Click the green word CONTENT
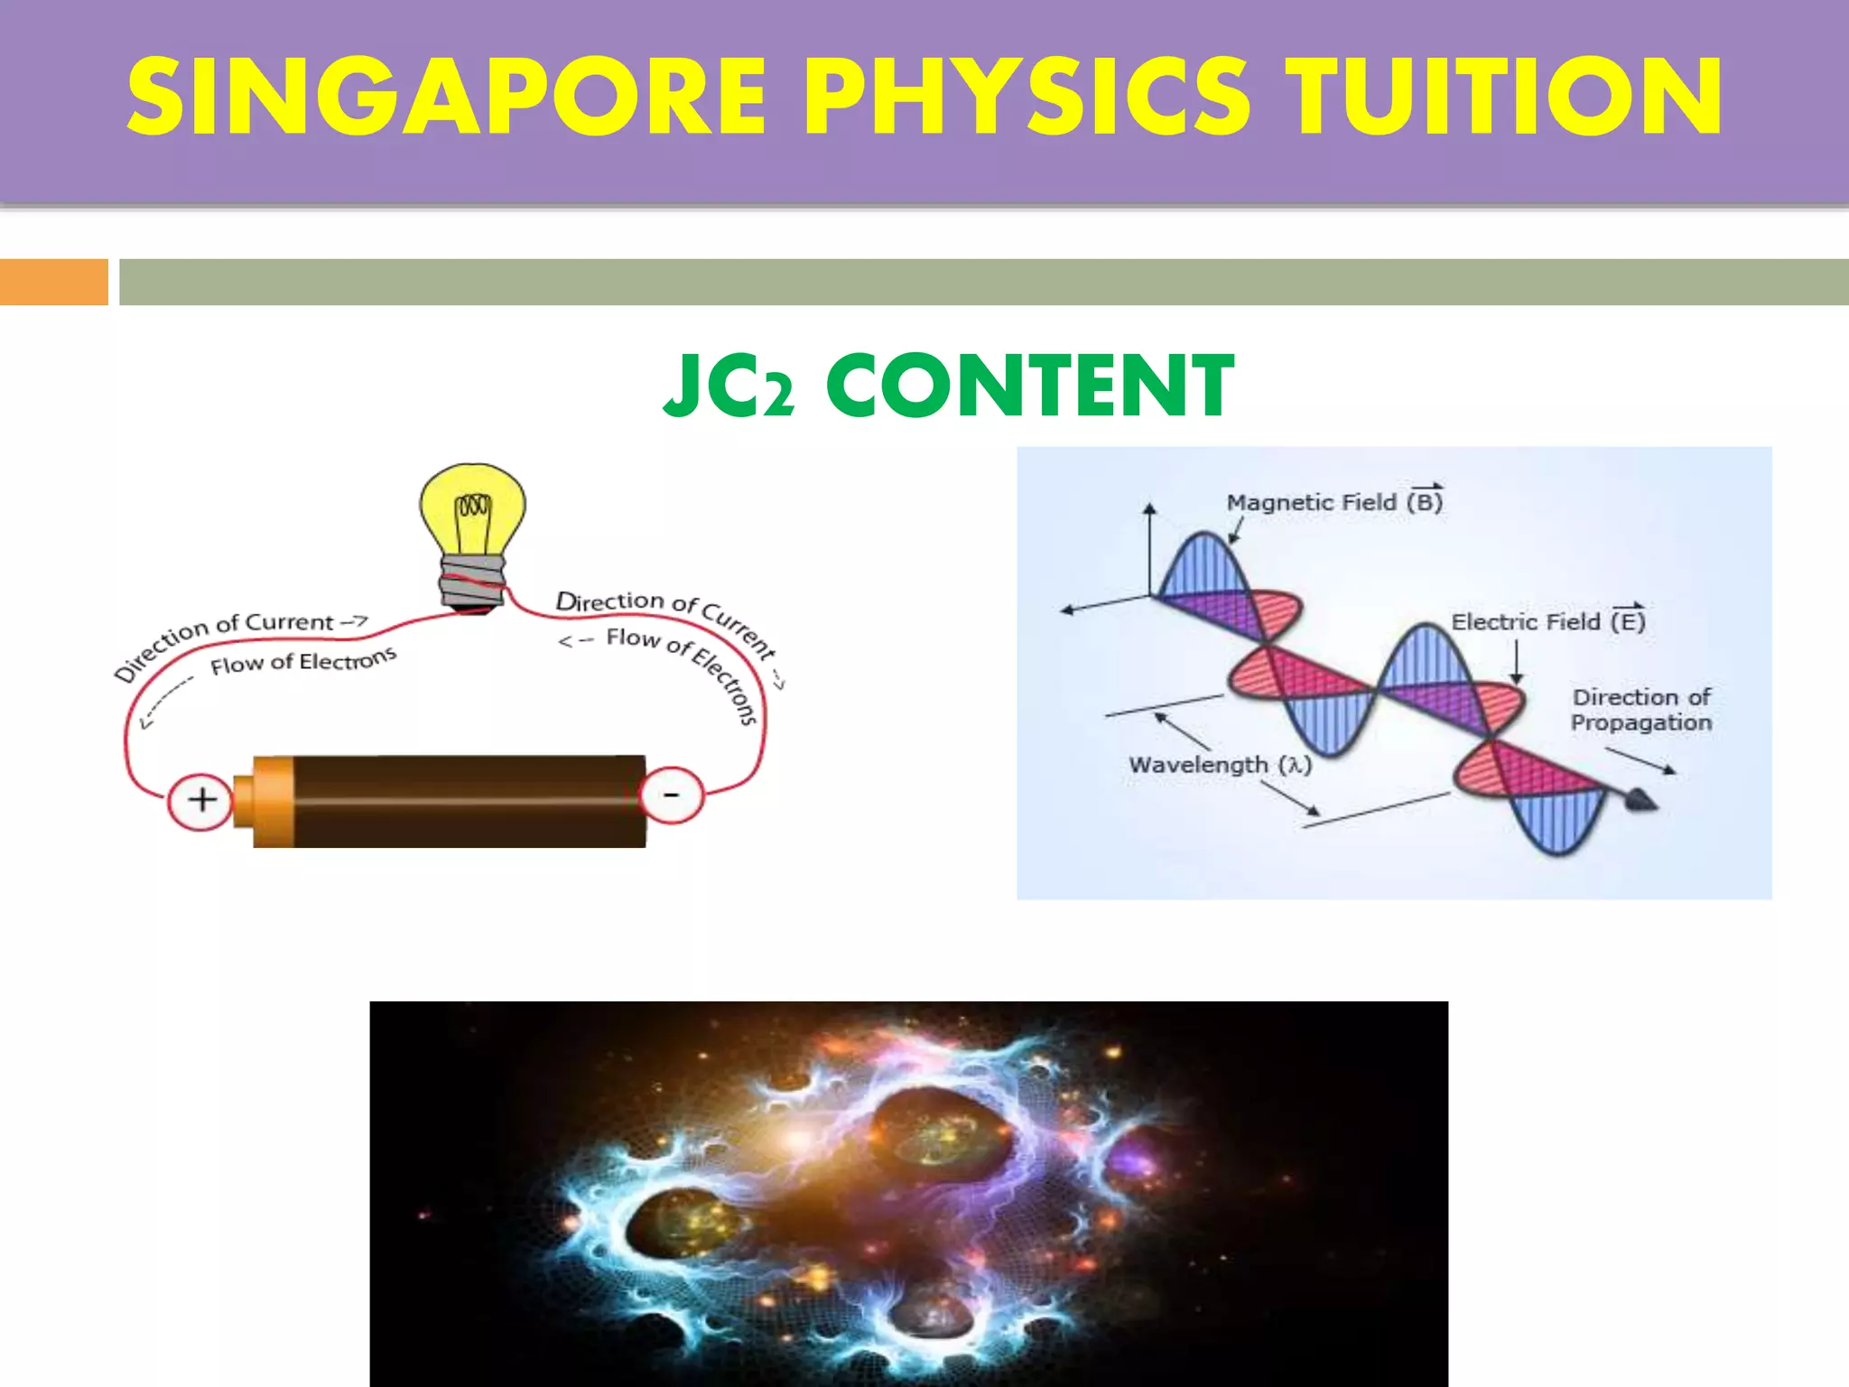(1029, 386)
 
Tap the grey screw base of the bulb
(472, 582)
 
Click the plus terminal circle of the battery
(201, 799)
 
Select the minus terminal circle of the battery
(671, 796)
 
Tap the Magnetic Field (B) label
(1333, 502)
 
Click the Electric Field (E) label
(1547, 621)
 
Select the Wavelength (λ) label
(1219, 765)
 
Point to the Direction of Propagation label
(1640, 710)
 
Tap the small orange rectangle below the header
(53, 282)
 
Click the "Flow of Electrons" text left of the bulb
(302, 662)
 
